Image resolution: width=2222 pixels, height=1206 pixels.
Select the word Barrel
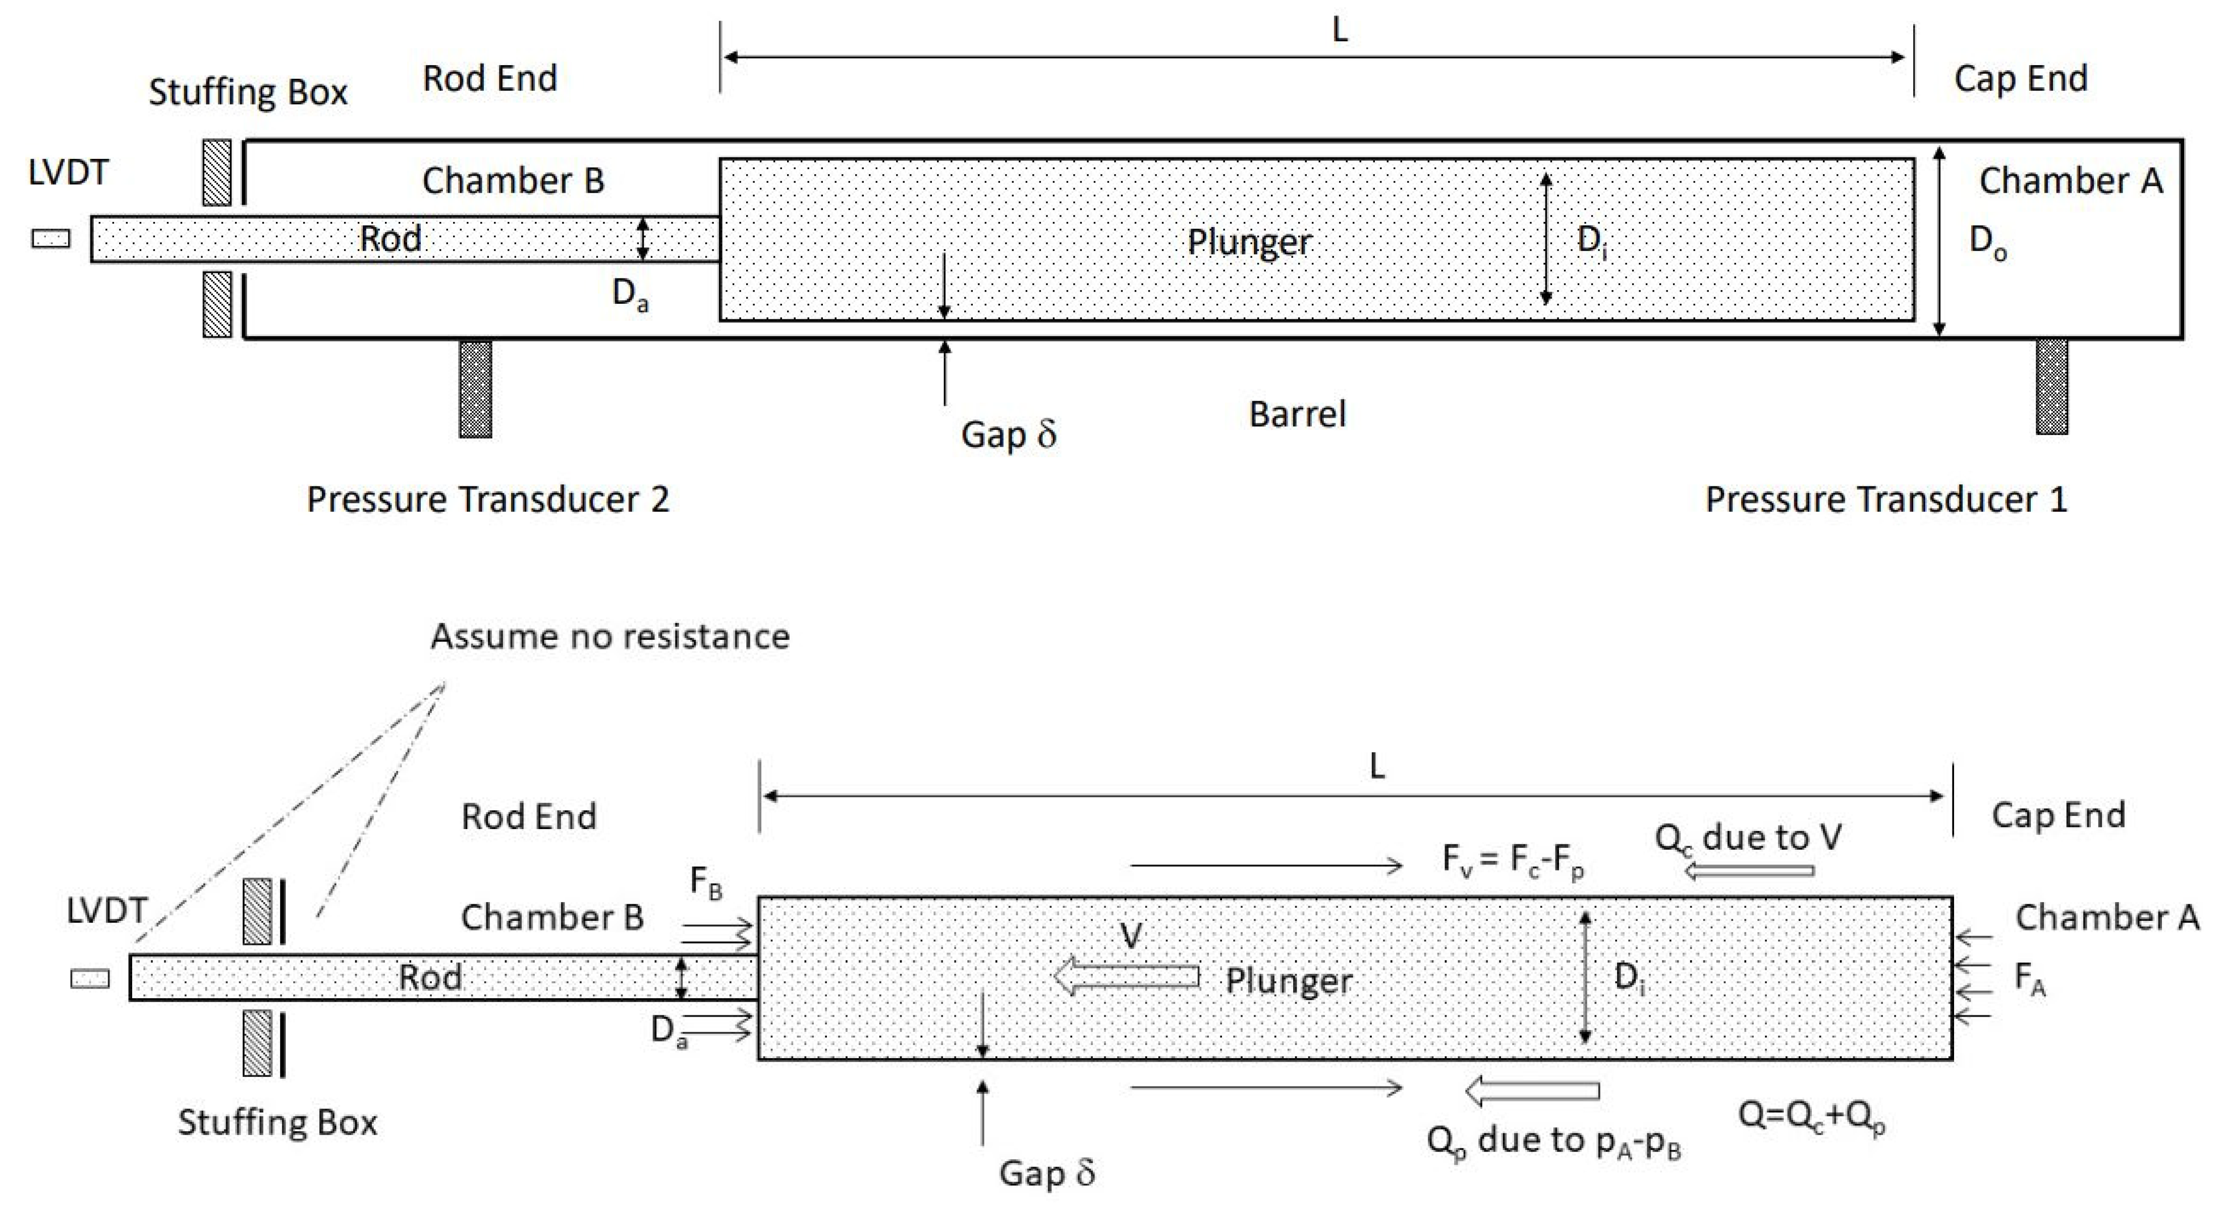[x=1297, y=415]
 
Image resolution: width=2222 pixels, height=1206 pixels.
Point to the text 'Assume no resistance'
[x=610, y=637]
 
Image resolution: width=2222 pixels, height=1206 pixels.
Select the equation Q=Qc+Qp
[x=1811, y=1117]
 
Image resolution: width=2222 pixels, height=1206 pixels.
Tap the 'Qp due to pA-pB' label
[x=1552, y=1142]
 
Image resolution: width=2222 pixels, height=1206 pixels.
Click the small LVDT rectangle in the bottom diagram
[x=90, y=978]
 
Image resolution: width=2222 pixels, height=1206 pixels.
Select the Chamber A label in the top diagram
[x=2070, y=181]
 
